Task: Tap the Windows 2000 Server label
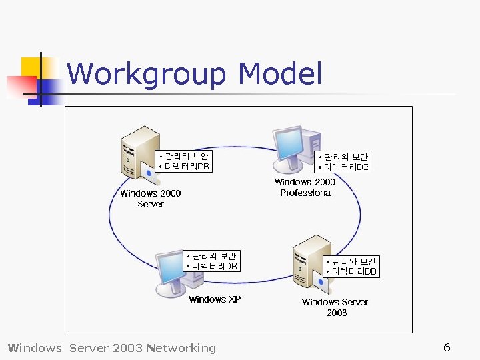pyautogui.click(x=150, y=199)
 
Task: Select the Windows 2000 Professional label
pyautogui.click(x=305, y=187)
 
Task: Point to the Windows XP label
pyautogui.click(x=214, y=299)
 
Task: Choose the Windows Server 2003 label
pyautogui.click(x=335, y=307)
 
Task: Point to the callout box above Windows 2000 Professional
pyautogui.click(x=343, y=161)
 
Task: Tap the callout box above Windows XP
pyautogui.click(x=212, y=261)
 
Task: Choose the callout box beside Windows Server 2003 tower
pyautogui.click(x=351, y=266)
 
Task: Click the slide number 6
pyautogui.click(x=447, y=347)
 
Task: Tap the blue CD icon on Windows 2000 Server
pyautogui.click(x=149, y=175)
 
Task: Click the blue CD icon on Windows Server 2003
pyautogui.click(x=321, y=283)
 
